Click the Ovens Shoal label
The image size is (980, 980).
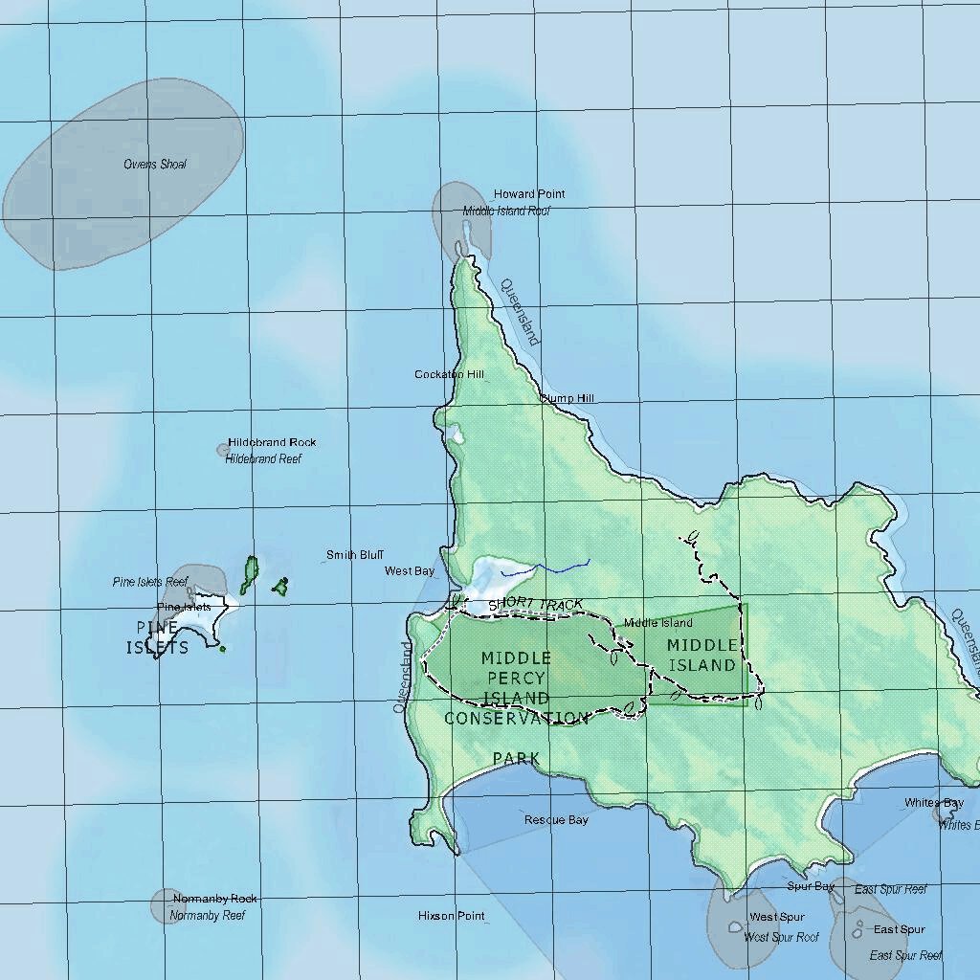coord(155,165)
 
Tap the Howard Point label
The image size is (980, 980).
coord(529,194)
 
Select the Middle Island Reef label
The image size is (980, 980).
coord(506,211)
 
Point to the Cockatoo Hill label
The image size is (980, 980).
coord(449,374)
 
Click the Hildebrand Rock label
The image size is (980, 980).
coord(272,443)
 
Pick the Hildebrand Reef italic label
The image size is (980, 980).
coord(263,459)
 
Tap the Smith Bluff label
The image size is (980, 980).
coord(355,555)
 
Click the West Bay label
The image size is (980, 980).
coord(410,571)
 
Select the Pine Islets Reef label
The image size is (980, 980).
coord(149,582)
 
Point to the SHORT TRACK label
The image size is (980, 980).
coord(535,605)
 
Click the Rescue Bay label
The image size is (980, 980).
coord(556,820)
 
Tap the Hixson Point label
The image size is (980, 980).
coord(452,916)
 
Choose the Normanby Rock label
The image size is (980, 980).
coord(215,899)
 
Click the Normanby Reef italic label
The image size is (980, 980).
coord(208,916)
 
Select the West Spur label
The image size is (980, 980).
coord(777,918)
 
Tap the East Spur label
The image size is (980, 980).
coord(899,929)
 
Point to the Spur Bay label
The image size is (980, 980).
coord(811,887)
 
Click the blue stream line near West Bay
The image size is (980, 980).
coord(546,568)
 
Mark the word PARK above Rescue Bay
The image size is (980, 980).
coord(517,759)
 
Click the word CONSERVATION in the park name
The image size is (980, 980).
coord(517,718)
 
